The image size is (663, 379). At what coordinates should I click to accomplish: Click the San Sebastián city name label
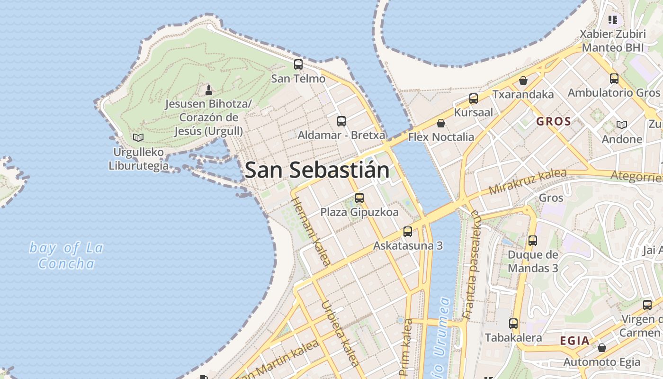click(317, 170)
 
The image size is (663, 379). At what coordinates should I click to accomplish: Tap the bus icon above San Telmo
click(298, 64)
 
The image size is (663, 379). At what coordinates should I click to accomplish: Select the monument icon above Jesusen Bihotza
click(208, 90)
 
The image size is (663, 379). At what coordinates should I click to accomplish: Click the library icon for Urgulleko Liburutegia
click(138, 138)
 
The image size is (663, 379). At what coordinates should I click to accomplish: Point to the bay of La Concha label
click(66, 255)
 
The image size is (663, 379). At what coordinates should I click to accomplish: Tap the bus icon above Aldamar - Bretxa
click(341, 121)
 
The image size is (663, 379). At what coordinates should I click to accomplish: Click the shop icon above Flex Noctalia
click(441, 123)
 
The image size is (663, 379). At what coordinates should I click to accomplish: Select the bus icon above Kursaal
click(474, 99)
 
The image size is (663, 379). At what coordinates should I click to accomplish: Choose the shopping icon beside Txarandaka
click(523, 81)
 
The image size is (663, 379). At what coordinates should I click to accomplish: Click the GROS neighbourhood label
click(554, 121)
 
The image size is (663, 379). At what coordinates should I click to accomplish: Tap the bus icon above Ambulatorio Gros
click(614, 79)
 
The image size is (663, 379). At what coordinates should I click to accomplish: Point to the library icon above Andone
click(622, 125)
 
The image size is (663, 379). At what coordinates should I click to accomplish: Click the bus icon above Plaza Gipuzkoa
click(359, 198)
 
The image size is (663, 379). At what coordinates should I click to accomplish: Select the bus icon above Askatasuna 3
click(408, 232)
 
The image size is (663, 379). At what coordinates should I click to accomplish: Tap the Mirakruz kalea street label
click(527, 181)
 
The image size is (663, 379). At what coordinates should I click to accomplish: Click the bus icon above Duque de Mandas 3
click(533, 241)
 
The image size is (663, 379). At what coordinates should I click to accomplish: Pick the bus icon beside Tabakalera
click(513, 324)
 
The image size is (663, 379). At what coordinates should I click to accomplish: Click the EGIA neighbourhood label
click(575, 341)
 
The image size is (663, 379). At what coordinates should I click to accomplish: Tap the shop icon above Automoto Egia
click(602, 348)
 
